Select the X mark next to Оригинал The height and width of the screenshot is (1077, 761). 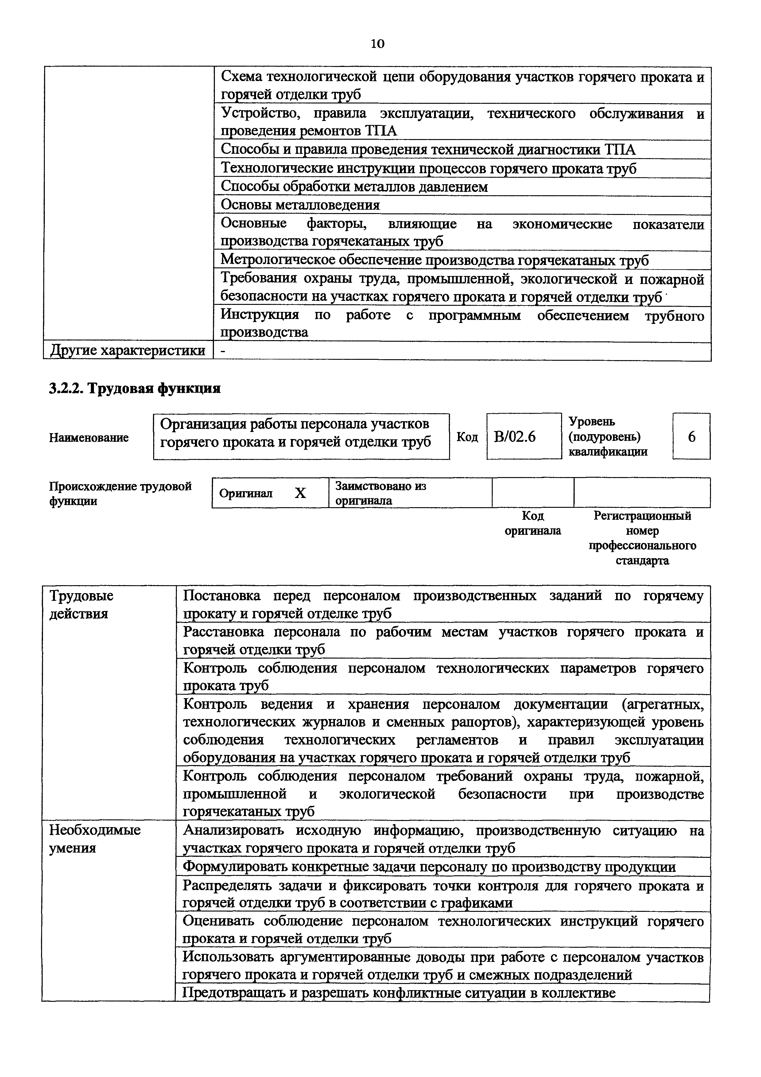tap(300, 493)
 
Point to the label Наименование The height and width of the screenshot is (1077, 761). tap(89, 438)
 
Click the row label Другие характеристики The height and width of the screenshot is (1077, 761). tap(127, 350)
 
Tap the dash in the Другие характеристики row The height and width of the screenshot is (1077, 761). tap(223, 350)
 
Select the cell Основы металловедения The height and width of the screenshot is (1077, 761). tap(300, 205)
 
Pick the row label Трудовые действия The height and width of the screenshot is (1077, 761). tap(82, 605)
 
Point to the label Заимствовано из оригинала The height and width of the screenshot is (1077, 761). tap(380, 493)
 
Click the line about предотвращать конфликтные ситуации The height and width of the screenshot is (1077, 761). tap(398, 993)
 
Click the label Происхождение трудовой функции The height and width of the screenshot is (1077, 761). tap(120, 493)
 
